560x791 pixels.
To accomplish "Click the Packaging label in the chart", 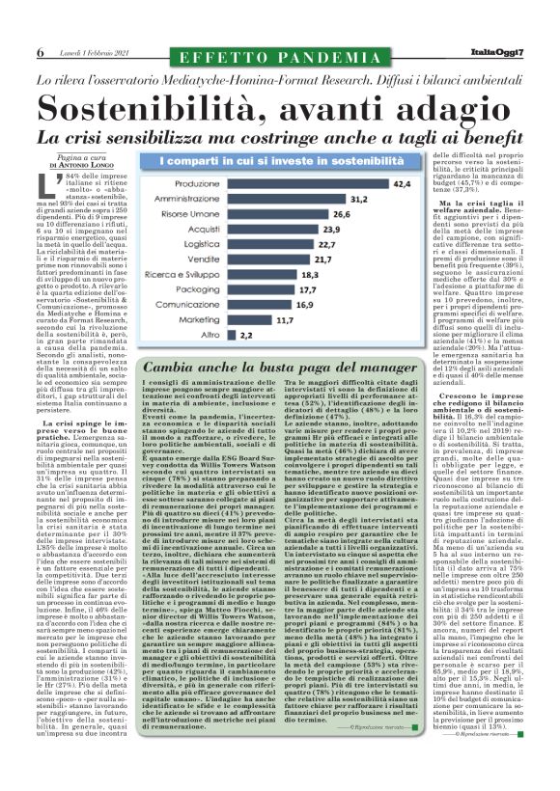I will (197, 289).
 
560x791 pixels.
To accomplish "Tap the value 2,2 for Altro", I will (246, 334).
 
